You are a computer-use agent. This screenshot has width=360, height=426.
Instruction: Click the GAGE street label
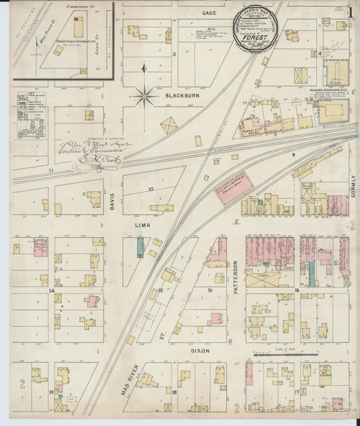207,13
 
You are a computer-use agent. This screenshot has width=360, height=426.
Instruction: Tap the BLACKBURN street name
182,96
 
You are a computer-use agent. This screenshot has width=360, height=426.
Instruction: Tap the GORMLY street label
352,184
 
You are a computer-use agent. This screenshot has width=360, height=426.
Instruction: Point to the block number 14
51,290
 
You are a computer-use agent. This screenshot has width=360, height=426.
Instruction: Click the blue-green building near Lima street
140,247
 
